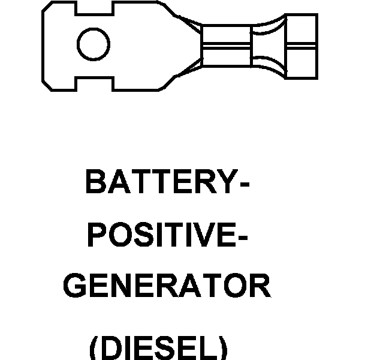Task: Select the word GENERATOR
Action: coord(167,285)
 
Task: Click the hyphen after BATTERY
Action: coord(245,184)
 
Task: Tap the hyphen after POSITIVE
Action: coord(243,237)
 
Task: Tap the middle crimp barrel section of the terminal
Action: coord(227,46)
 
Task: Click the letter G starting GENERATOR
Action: coord(75,285)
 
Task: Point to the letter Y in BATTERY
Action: coord(227,181)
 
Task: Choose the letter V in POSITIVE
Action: coord(203,235)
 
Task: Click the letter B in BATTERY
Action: coord(96,181)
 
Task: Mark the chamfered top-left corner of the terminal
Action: coord(47,6)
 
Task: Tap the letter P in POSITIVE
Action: coord(97,235)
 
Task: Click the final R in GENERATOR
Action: coord(261,285)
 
